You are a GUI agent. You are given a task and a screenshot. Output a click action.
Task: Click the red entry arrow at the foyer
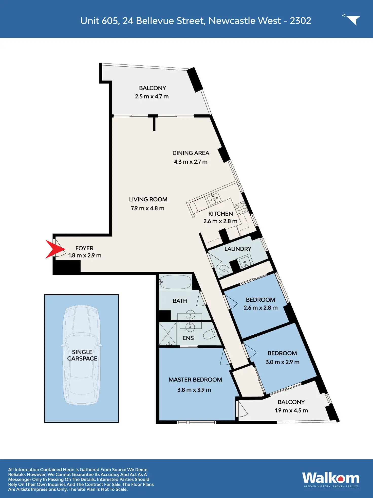(54, 249)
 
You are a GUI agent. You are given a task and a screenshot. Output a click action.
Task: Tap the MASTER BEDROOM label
(195, 380)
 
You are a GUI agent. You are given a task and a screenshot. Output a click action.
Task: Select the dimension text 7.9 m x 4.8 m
(147, 208)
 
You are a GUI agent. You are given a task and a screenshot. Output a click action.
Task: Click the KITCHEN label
(220, 214)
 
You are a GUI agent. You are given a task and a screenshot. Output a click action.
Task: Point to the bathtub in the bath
(175, 282)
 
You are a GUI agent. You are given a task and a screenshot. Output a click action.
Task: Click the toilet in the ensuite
(210, 334)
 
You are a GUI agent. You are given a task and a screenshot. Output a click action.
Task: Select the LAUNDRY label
(238, 249)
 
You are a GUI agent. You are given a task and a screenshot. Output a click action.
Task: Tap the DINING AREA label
(191, 153)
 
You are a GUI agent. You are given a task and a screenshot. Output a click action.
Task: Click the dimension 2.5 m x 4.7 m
(152, 96)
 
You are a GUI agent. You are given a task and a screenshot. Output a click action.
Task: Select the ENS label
(188, 338)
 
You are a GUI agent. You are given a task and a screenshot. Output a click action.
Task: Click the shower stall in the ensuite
(167, 334)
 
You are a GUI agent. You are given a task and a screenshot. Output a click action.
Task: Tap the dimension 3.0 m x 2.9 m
(282, 362)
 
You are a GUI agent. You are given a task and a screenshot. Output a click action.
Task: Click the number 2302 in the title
(300, 21)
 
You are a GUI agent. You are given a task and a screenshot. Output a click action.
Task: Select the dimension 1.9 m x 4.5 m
(291, 410)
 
